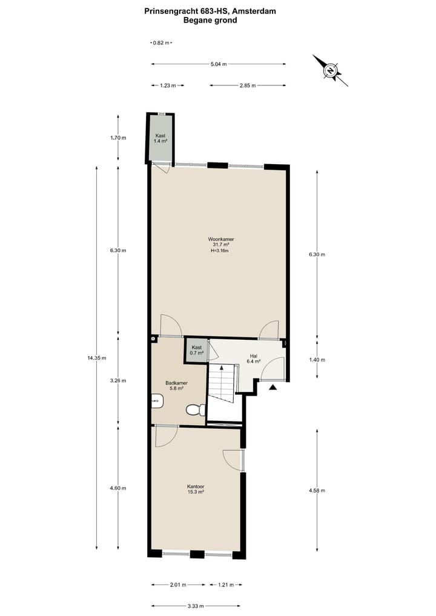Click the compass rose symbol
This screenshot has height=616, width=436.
click(x=330, y=71)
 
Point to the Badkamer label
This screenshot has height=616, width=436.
click(x=176, y=383)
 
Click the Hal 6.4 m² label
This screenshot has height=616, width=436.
click(x=254, y=358)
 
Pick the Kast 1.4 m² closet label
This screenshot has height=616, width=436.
click(x=160, y=138)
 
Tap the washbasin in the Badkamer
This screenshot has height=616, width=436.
click(x=157, y=400)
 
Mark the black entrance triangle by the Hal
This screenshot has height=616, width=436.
click(x=273, y=387)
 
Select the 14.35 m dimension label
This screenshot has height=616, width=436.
click(x=97, y=357)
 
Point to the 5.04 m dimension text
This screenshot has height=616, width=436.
click(x=218, y=64)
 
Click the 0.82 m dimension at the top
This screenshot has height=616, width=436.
click(x=160, y=43)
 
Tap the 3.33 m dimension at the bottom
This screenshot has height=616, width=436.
click(x=196, y=606)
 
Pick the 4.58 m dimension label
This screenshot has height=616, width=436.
click(x=317, y=490)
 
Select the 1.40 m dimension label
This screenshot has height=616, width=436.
click(x=317, y=360)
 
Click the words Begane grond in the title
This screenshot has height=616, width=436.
click(x=210, y=20)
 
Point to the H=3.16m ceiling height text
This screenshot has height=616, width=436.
click(x=219, y=250)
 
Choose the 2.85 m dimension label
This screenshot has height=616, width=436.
click(x=248, y=85)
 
